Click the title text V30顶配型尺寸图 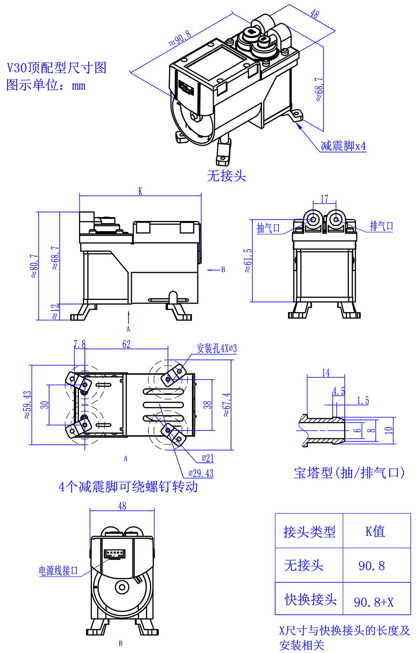(57, 68)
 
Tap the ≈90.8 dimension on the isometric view (180, 38)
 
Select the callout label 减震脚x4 (343, 146)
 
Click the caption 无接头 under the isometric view (226, 176)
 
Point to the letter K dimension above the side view (140, 191)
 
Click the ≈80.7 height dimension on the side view (34, 266)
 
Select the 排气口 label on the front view (381, 226)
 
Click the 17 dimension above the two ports (324, 199)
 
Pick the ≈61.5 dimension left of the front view (248, 260)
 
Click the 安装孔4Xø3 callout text (217, 348)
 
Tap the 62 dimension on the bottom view (126, 344)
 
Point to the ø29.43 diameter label (201, 474)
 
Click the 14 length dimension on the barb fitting (325, 373)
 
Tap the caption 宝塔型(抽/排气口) (349, 473)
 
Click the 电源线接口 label (58, 571)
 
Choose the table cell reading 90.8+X (374, 602)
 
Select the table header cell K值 (375, 532)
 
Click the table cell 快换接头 (310, 599)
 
